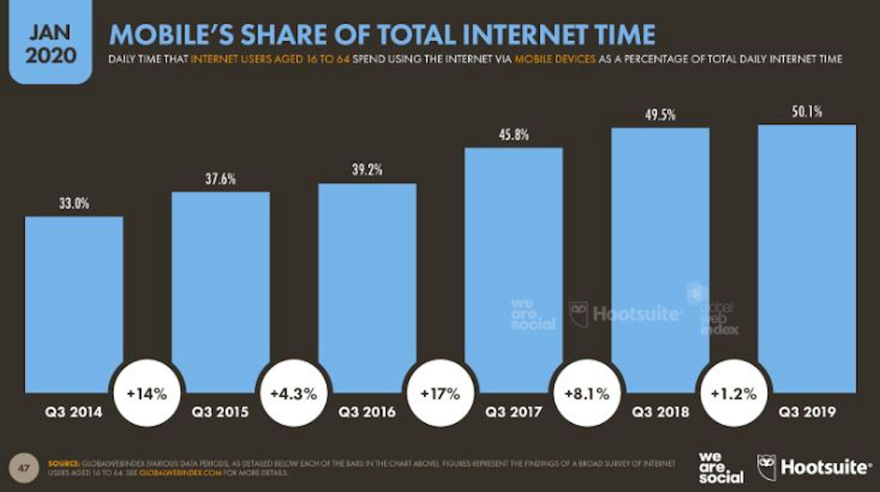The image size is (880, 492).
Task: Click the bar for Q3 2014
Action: (x=74, y=304)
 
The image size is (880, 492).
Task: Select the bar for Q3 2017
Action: (x=513, y=270)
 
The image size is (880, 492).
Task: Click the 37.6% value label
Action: (x=220, y=179)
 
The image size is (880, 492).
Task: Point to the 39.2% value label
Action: (x=367, y=170)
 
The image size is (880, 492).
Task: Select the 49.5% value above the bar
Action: (x=660, y=115)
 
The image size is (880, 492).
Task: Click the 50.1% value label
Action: (x=807, y=112)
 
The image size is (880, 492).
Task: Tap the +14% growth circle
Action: (x=147, y=394)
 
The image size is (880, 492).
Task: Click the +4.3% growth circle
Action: (x=294, y=394)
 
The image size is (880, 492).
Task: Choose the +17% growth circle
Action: (x=440, y=394)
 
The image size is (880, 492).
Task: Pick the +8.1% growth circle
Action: (x=587, y=394)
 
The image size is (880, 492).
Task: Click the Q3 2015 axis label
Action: (x=220, y=412)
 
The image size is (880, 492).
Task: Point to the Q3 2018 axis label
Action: (x=660, y=412)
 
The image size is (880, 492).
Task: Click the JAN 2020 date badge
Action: (x=51, y=43)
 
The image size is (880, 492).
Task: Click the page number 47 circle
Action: (x=24, y=468)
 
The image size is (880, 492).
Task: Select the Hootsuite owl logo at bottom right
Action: (x=767, y=467)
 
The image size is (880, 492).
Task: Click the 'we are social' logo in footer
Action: (x=721, y=468)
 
